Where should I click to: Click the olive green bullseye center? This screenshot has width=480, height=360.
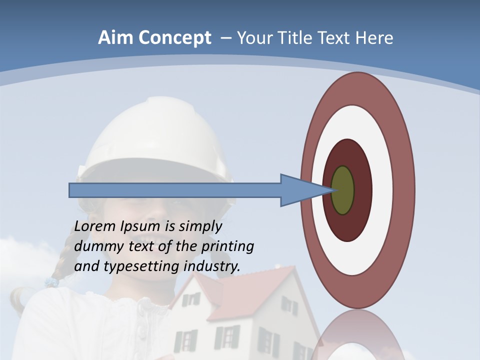(343, 190)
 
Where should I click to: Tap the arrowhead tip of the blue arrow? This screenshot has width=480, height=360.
(332, 190)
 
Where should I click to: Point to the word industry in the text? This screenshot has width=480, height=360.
(212, 266)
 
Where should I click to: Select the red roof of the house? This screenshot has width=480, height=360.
(250, 295)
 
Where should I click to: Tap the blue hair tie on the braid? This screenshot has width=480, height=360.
(51, 282)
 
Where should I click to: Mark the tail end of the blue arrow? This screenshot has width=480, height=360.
(71, 190)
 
